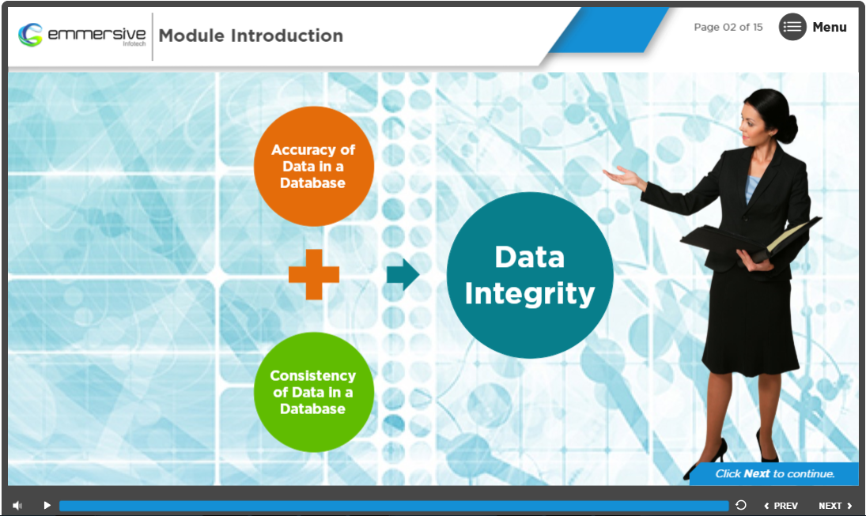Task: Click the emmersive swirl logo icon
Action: [x=30, y=35]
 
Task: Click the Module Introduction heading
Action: [x=251, y=36]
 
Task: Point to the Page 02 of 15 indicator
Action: [x=728, y=27]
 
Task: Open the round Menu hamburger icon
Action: [x=792, y=27]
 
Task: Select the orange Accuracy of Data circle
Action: [x=314, y=166]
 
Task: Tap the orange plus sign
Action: [x=314, y=274]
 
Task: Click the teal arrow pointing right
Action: [x=403, y=274]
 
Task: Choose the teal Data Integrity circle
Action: [x=530, y=275]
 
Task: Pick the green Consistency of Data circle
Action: [x=314, y=392]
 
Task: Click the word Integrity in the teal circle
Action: [x=530, y=294]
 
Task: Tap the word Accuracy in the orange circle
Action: [x=303, y=150]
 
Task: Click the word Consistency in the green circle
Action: [x=312, y=376]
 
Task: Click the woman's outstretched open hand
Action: [x=623, y=176]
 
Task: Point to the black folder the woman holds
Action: [x=751, y=240]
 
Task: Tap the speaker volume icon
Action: [x=17, y=506]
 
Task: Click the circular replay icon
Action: [x=741, y=505]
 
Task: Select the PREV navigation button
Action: [x=781, y=506]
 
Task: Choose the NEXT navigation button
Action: [x=835, y=506]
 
